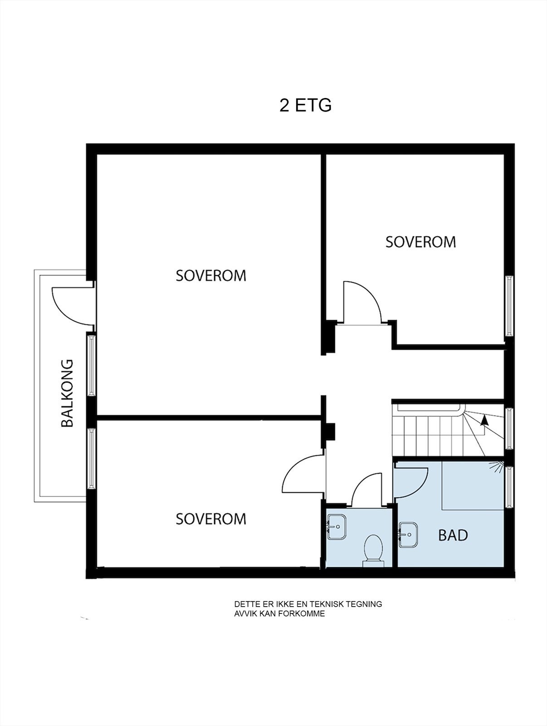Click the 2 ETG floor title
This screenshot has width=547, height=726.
[x=305, y=105]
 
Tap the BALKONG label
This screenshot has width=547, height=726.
[x=67, y=393]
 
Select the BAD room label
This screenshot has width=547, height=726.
[x=453, y=535]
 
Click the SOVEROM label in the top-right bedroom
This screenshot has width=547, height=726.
[x=420, y=242]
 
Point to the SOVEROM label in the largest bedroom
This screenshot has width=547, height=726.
[x=211, y=275]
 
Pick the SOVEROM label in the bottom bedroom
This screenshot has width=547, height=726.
[x=211, y=519]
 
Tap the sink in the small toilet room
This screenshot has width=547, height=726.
[x=337, y=527]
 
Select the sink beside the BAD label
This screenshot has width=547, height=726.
[x=408, y=535]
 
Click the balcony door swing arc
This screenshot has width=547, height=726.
[x=68, y=306]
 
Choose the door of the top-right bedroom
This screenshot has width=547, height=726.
[x=361, y=302]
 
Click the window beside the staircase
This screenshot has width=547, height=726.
[x=509, y=428]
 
